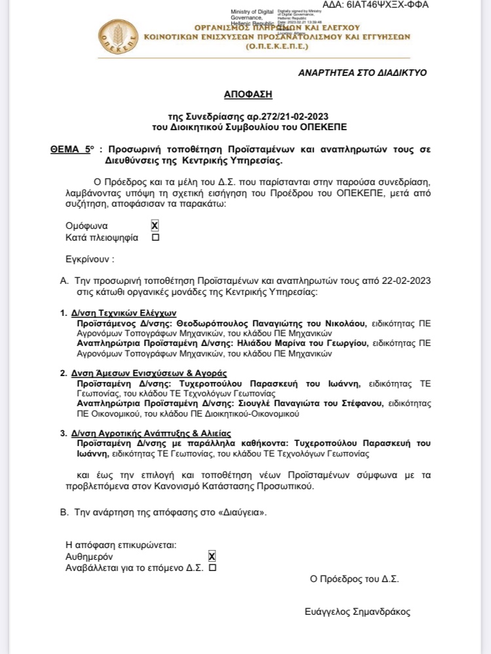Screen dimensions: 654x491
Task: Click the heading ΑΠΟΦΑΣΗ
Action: pyautogui.click(x=245, y=94)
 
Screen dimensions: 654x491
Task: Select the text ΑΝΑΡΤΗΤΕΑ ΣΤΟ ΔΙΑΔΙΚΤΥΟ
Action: pyautogui.click(x=362, y=73)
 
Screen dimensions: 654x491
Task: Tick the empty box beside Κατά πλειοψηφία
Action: pyautogui.click(x=155, y=238)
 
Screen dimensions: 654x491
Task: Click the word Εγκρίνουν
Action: pyautogui.click(x=90, y=259)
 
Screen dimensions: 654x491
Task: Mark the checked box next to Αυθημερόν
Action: pyautogui.click(x=211, y=556)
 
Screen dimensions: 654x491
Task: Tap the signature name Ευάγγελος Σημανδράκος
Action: pyautogui.click(x=357, y=611)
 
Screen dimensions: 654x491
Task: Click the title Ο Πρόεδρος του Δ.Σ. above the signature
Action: pyautogui.click(x=354, y=579)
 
